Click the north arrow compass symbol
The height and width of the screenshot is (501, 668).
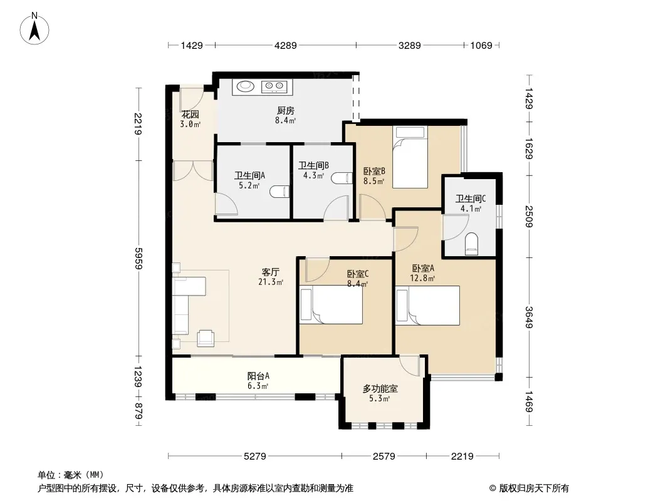click(x=34, y=29)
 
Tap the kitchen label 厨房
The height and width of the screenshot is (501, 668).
click(x=285, y=111)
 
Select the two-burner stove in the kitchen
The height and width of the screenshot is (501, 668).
click(x=274, y=86)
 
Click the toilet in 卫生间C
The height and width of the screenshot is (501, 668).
click(x=472, y=244)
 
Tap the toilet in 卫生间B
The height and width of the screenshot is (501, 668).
click(x=342, y=178)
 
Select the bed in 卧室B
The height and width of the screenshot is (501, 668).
click(x=410, y=157)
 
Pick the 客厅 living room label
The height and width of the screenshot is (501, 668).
click(x=271, y=272)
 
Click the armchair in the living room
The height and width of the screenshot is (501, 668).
click(x=206, y=338)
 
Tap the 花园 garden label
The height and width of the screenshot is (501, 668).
click(x=190, y=114)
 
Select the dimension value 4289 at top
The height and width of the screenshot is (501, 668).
click(x=285, y=45)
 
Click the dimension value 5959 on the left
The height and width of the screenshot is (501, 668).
click(x=138, y=258)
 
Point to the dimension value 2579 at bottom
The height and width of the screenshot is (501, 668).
click(x=384, y=457)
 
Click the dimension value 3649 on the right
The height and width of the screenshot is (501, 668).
click(x=529, y=318)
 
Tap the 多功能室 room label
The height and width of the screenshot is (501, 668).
click(x=380, y=388)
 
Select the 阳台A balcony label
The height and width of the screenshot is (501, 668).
click(x=258, y=376)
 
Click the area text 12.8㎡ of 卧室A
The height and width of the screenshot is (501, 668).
click(x=422, y=279)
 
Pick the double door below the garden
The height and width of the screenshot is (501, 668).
click(x=193, y=171)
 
